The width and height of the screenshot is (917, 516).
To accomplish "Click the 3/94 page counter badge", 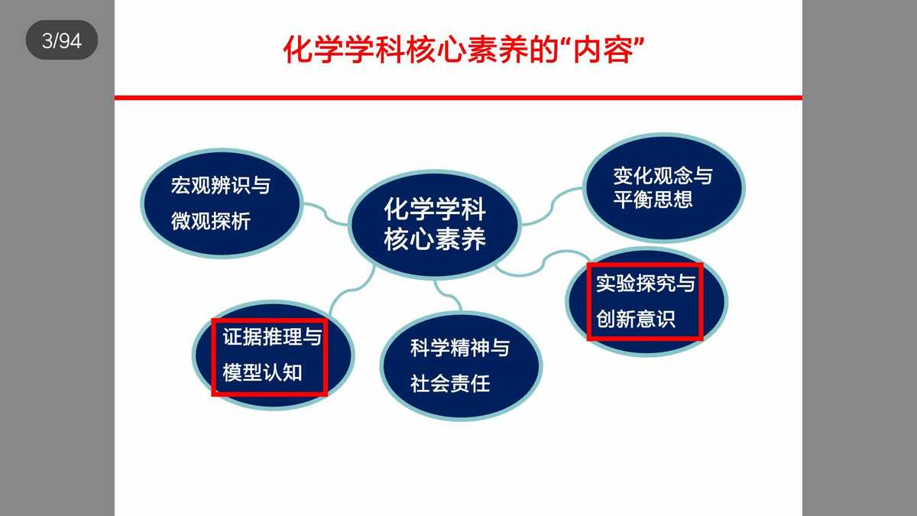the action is [x=62, y=40].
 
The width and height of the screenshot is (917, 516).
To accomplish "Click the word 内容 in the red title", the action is [x=603, y=50].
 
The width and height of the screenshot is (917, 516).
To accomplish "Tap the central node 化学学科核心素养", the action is [x=435, y=224].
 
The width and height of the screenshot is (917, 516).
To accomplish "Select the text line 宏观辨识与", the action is [x=221, y=186].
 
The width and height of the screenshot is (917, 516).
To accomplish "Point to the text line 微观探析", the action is [x=211, y=221].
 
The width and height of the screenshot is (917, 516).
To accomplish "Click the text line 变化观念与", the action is [x=663, y=176].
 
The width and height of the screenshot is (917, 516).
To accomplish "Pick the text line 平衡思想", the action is [x=653, y=200].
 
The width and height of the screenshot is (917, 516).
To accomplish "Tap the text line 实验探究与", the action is [x=646, y=284].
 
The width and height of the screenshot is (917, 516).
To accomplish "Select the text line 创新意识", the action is [x=636, y=319].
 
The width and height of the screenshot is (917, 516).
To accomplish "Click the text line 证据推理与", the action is [x=272, y=337].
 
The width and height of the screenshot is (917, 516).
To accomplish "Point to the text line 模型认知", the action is [x=262, y=373].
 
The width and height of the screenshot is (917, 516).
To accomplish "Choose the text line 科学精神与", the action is [x=460, y=348].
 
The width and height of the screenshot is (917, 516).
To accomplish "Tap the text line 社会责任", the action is [x=450, y=384].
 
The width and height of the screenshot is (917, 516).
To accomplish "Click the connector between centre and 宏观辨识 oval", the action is [x=326, y=214].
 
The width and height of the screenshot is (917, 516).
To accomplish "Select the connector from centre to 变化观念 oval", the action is [x=552, y=206].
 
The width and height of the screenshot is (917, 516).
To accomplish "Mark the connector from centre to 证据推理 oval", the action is [x=351, y=290].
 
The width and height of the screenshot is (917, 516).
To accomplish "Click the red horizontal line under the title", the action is [x=458, y=98].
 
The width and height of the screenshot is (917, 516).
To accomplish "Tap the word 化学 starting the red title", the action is [x=313, y=50].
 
